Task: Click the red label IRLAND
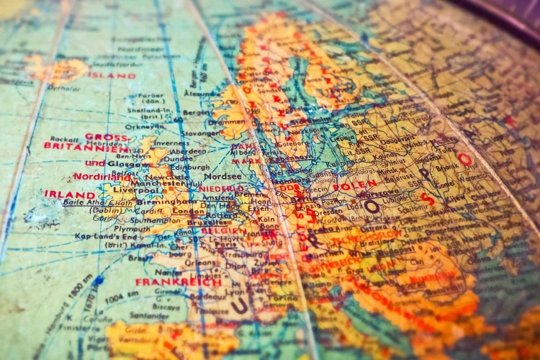pyautogui.click(x=69, y=194)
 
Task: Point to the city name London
pyautogui.click(x=189, y=212)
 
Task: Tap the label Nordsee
pyautogui.click(x=222, y=176)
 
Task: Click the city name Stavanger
pyautogui.click(x=200, y=133)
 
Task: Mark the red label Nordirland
pyautogui.click(x=97, y=176)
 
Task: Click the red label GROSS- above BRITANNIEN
pyautogui.click(x=106, y=136)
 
